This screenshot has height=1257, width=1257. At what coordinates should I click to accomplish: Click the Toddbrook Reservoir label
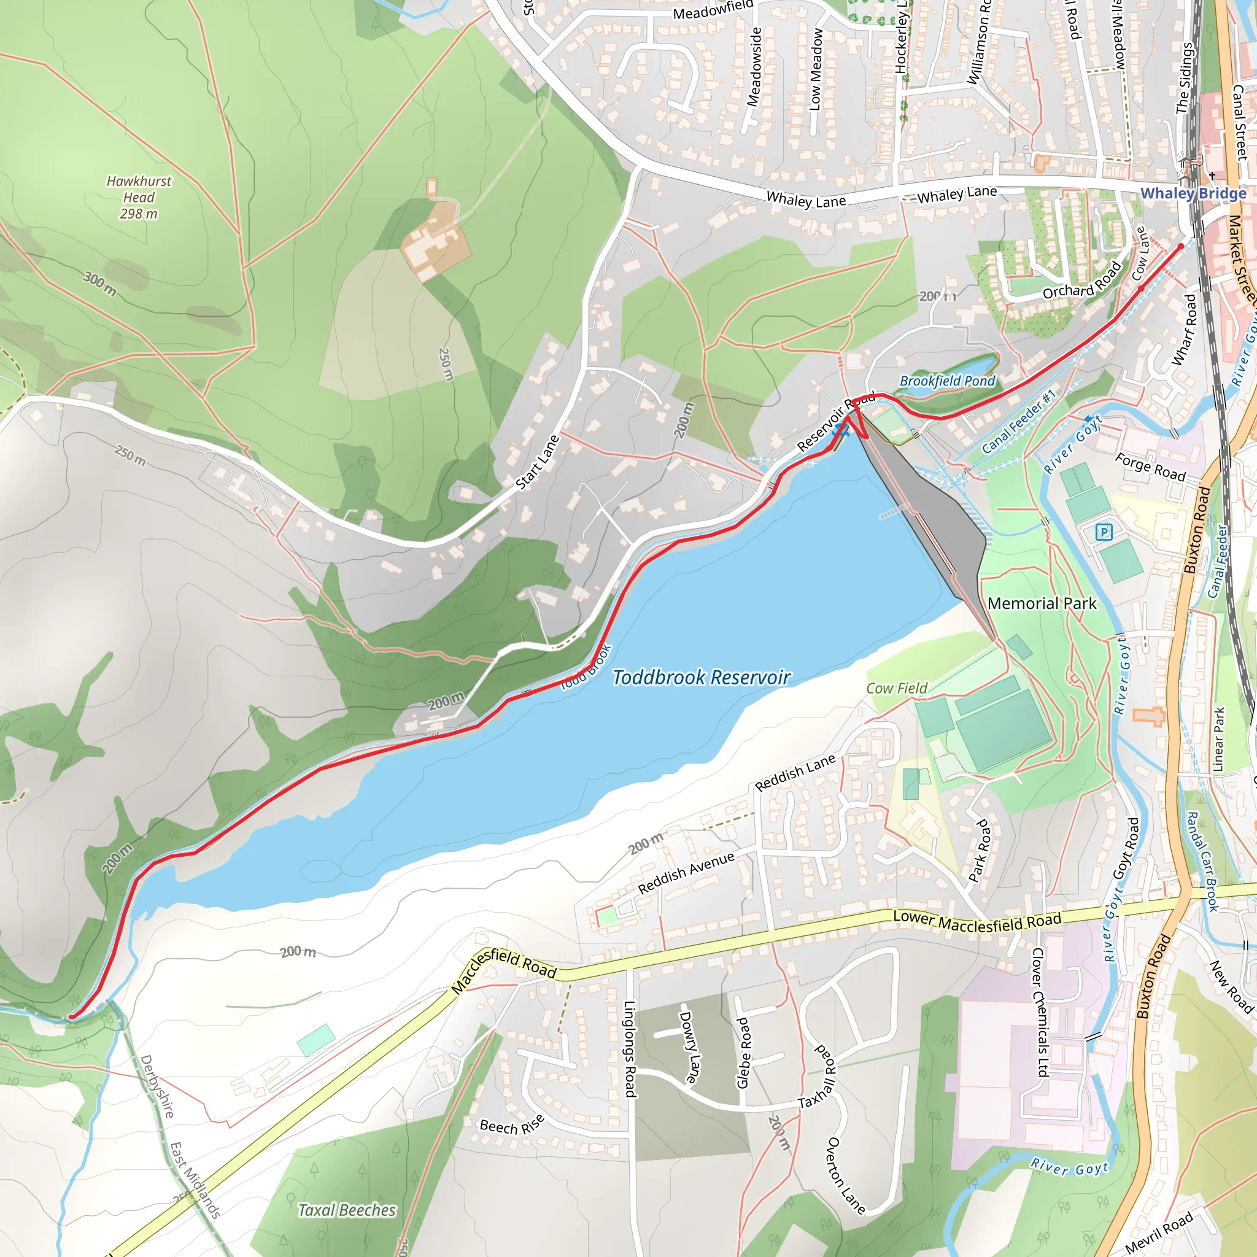(x=702, y=678)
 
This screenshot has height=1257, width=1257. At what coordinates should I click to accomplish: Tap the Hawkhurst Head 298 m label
(x=139, y=197)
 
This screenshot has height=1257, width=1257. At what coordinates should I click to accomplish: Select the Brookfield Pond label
(x=947, y=381)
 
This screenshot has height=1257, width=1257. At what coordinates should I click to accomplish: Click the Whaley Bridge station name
(x=1193, y=193)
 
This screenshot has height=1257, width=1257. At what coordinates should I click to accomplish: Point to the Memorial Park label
(x=1042, y=603)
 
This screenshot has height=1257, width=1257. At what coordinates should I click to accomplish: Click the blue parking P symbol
(x=1104, y=533)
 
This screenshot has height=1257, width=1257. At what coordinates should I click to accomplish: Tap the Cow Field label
(x=897, y=687)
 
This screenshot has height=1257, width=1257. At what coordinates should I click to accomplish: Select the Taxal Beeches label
(x=347, y=1210)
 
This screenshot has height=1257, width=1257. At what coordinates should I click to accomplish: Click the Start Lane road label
(x=538, y=462)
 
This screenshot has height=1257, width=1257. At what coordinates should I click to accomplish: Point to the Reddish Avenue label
(x=686, y=873)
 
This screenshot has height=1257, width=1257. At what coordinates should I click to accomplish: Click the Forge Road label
(x=1150, y=466)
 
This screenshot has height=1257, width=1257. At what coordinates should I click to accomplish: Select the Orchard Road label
(x=1082, y=280)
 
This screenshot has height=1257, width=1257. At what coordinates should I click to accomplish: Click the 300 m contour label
(x=99, y=284)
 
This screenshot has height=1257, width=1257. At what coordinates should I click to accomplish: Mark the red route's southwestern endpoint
(x=71, y=1016)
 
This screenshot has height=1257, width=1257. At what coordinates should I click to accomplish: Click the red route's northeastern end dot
(x=1182, y=247)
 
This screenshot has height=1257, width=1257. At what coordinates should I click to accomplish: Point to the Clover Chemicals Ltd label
(x=1039, y=1012)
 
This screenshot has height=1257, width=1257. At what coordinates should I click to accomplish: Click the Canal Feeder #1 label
(x=1019, y=422)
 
